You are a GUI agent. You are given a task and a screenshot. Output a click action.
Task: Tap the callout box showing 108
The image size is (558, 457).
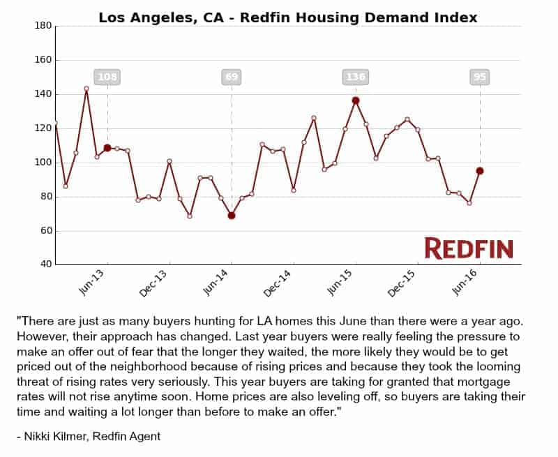(107, 77)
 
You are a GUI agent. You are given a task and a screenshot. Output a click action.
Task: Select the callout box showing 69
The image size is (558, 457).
(232, 77)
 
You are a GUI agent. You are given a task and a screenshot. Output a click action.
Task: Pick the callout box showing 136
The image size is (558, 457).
(356, 77)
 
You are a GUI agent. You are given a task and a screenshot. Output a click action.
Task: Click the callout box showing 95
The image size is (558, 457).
(480, 77)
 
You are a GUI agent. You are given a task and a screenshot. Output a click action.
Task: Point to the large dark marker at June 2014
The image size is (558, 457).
(232, 216)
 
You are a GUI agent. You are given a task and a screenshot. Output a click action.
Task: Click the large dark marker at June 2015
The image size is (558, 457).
(356, 100)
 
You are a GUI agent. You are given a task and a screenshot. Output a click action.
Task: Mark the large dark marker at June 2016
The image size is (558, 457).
(480, 171)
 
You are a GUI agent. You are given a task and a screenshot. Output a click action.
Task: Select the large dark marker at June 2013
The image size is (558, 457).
(107, 148)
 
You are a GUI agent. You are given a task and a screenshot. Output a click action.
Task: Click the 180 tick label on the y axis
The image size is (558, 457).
(43, 26)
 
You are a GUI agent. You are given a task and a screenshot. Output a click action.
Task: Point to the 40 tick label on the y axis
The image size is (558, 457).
(45, 264)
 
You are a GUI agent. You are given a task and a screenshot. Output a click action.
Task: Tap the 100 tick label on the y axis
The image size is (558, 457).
(43, 163)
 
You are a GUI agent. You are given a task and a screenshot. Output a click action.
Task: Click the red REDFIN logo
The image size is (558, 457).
(468, 248)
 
